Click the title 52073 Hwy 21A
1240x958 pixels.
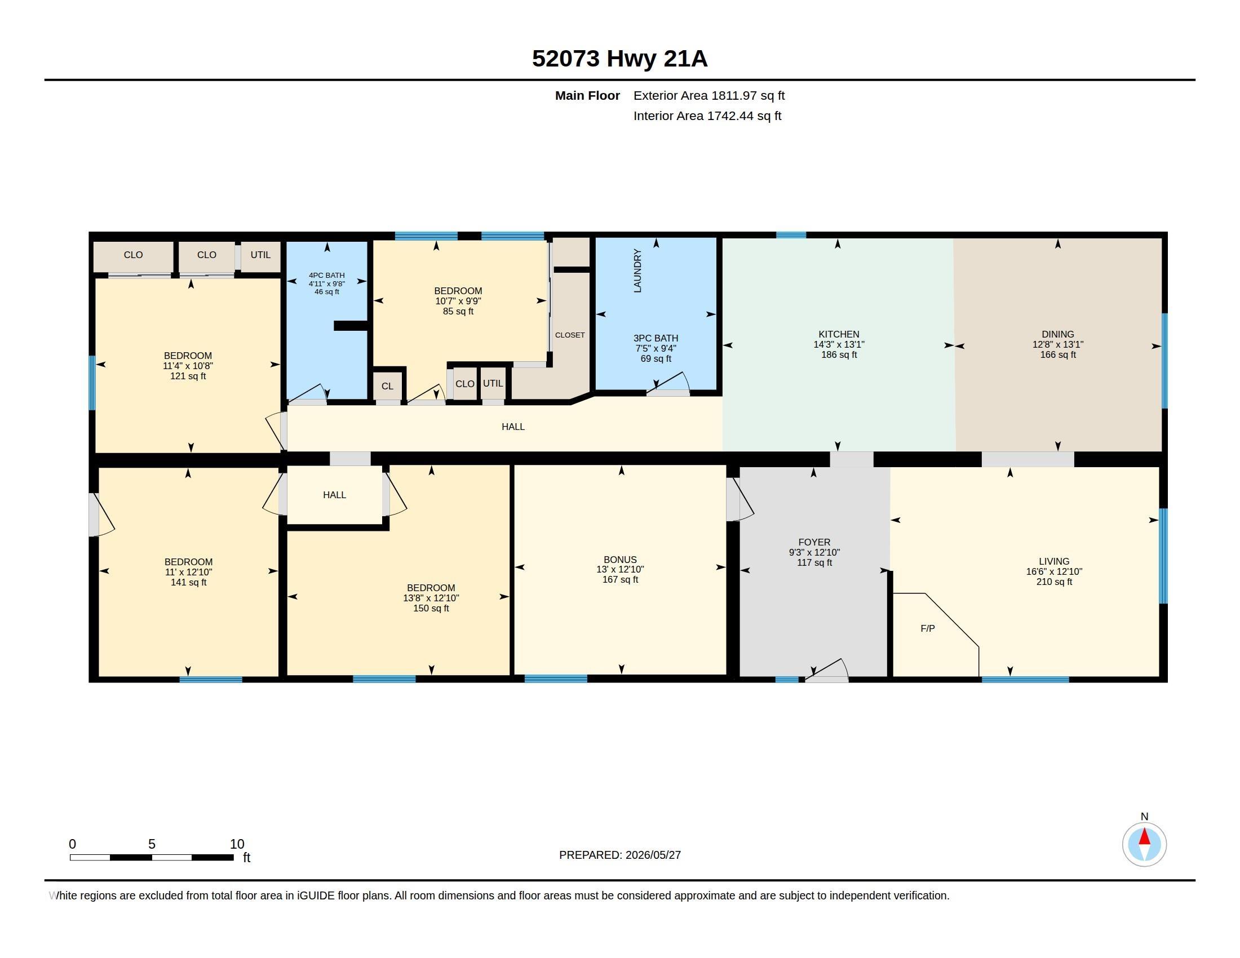(619, 59)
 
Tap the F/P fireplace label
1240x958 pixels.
(928, 628)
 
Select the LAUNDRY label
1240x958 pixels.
(637, 270)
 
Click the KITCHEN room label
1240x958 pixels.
(839, 334)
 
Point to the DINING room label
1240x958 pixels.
(1058, 334)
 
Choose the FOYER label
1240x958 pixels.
(814, 542)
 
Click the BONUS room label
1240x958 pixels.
(620, 560)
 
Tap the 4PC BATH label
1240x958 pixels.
(326, 275)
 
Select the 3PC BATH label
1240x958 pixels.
(656, 338)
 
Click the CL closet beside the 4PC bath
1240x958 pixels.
(387, 386)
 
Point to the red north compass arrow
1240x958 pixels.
(1145, 836)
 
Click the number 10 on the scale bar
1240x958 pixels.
(237, 844)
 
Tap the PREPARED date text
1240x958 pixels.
(620, 855)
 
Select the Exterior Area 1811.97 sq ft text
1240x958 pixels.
(709, 96)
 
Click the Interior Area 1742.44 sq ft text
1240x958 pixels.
(707, 116)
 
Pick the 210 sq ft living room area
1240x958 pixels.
(1055, 582)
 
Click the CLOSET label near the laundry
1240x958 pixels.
(569, 335)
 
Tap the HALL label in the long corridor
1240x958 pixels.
(513, 427)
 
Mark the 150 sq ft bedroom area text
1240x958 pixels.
(431, 609)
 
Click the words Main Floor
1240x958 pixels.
(588, 96)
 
